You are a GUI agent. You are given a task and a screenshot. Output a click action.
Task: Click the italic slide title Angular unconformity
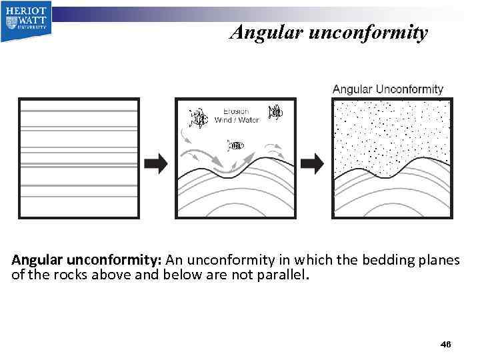[328, 32]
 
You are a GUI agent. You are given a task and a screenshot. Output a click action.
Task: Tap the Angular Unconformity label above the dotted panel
[387, 89]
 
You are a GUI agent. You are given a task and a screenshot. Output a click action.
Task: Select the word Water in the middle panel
[249, 120]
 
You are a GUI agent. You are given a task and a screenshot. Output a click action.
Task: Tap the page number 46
[445, 344]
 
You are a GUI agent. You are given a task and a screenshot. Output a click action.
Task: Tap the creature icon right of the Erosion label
[275, 113]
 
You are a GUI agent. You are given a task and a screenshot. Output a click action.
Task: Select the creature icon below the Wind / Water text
[237, 145]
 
